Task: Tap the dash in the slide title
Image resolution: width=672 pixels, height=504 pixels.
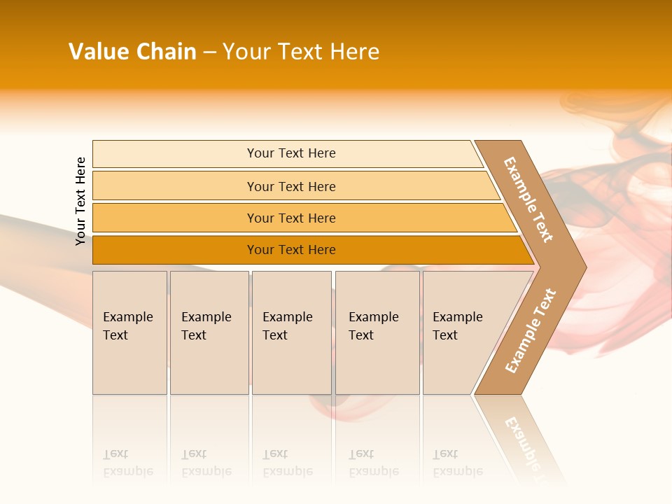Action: coord(209,52)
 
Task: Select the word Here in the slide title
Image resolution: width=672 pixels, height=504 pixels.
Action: coord(354,52)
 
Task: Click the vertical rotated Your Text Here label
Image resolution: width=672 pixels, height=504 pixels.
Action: coord(80,201)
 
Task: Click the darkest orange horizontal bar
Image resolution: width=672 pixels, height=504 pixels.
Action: coord(175,250)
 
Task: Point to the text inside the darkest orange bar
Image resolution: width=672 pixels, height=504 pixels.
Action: coord(291,250)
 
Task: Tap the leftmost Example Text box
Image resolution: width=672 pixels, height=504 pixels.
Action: coord(129,332)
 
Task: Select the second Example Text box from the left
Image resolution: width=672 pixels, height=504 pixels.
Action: coord(209,332)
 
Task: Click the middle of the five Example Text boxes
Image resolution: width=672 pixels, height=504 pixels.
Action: coord(291,332)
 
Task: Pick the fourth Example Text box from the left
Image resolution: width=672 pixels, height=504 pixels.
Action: coord(377,332)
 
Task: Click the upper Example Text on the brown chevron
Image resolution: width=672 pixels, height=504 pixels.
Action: coord(528,199)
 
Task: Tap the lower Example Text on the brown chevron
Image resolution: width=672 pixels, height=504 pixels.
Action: coord(531,331)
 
